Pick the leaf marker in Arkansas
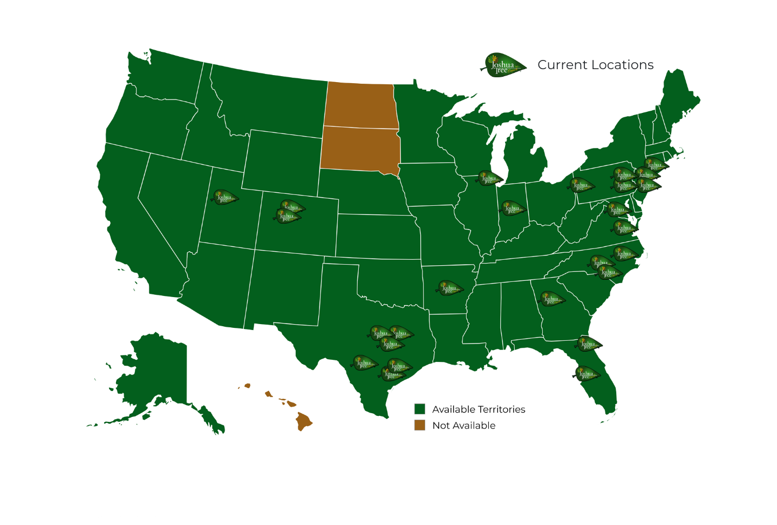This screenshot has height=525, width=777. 450,288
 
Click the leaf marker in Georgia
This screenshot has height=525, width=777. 551,299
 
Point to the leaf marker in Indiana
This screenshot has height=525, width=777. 512,208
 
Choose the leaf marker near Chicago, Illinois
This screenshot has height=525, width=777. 489,178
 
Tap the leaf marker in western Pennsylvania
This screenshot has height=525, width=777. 581,185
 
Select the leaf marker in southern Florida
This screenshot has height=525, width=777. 587,374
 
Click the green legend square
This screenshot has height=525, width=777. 420,409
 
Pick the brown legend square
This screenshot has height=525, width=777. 420,425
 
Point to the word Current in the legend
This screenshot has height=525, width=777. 562,65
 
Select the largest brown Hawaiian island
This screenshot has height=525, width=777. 304,421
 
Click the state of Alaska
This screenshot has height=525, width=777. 156,373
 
